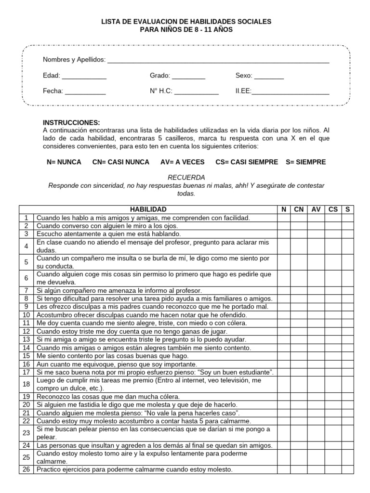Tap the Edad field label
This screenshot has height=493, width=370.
pyautogui.click(x=51, y=76)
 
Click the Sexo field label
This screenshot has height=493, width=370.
pyautogui.click(x=243, y=76)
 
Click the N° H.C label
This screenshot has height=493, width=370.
pyautogui.click(x=161, y=91)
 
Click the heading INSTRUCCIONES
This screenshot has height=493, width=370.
pyautogui.click(x=71, y=123)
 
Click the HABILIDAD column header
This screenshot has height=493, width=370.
pyautogui.click(x=148, y=209)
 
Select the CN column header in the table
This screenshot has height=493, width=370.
pyautogui.click(x=299, y=209)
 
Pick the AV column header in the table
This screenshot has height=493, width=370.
pyautogui.click(x=316, y=209)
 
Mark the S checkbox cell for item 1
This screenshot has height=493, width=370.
pyautogui.click(x=347, y=218)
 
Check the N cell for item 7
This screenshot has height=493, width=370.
pyautogui.click(x=284, y=291)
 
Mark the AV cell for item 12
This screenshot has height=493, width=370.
pyautogui.click(x=316, y=331)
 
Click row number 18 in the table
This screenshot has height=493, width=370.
pyautogui.click(x=26, y=384)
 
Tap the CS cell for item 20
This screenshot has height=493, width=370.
pyautogui.click(x=333, y=405)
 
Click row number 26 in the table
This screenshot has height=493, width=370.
pyautogui.click(x=26, y=469)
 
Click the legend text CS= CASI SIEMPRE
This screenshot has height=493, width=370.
pyautogui.click(x=247, y=162)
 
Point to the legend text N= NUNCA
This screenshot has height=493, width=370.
pyautogui.click(x=64, y=162)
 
